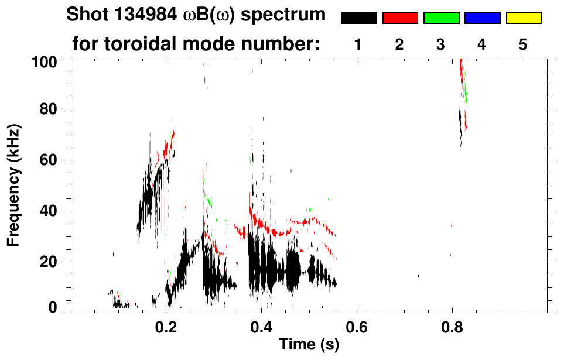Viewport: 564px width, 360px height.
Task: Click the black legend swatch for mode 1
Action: click(358, 18)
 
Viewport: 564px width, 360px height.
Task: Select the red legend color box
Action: click(399, 18)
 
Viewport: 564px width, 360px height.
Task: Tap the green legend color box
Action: click(440, 18)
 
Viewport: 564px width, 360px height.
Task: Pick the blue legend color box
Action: click(482, 18)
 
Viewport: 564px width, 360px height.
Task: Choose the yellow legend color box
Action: click(523, 18)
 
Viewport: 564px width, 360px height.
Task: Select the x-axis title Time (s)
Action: click(308, 345)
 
